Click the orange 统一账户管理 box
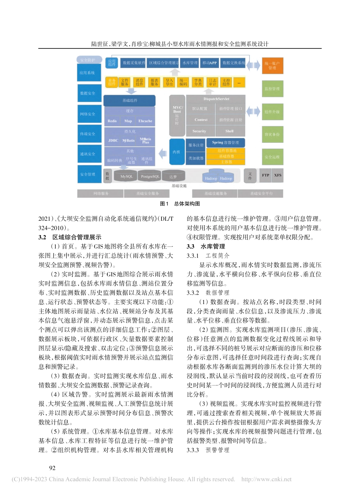point(272,66)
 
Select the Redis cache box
point(112,121)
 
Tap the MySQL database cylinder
point(127,176)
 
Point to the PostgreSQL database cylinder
point(150,176)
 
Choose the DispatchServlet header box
point(216,99)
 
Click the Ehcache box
point(145,121)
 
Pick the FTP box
point(265,175)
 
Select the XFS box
point(278,175)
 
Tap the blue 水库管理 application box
point(190,63)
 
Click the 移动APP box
point(210,63)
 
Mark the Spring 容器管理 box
point(225,142)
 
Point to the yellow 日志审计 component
point(212,82)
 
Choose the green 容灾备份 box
point(272,134)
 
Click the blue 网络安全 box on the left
point(88,114)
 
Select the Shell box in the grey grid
point(229,131)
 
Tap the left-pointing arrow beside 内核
point(163,153)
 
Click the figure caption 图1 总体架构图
point(180,204)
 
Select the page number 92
point(52,468)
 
